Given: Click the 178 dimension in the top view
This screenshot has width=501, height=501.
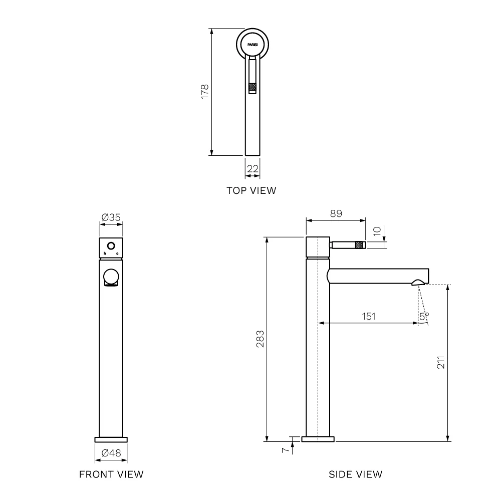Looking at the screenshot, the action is click(205, 92).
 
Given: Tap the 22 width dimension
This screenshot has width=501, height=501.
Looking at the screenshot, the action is click(253, 169).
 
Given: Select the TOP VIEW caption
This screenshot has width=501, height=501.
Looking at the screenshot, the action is click(252, 190).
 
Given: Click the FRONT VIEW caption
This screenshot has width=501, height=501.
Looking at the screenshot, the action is click(111, 474).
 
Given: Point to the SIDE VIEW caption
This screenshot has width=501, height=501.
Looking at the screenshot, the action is click(356, 474).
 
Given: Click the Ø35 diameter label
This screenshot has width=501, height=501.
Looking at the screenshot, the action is click(111, 217).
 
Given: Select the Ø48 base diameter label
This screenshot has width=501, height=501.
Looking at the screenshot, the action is click(111, 453).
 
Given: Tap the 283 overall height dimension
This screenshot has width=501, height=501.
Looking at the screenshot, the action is click(261, 339).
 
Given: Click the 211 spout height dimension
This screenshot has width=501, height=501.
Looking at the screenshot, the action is click(440, 362).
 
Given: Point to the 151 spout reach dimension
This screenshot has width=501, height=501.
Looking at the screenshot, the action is click(368, 316).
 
